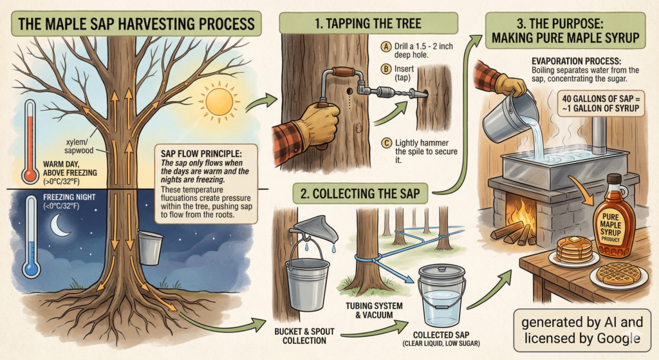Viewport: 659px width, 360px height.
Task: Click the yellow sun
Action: tap(219, 101)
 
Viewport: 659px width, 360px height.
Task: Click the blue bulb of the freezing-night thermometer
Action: tap(32, 269)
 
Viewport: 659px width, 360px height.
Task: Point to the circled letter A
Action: tap(386, 46)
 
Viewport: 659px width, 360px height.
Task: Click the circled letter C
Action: tap(386, 144)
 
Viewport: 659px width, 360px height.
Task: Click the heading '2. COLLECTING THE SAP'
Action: tap(360, 193)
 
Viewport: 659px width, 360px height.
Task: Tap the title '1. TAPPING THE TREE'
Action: tap(368, 23)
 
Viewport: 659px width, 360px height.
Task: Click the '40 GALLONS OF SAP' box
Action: tap(600, 104)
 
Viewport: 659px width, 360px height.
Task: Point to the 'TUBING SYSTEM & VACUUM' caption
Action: tap(375, 310)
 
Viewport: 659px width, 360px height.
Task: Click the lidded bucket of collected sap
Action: tap(441, 295)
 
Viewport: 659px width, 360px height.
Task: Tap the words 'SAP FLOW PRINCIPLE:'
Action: tap(202, 153)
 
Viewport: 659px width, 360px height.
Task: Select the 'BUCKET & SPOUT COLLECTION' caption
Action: tap(304, 336)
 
